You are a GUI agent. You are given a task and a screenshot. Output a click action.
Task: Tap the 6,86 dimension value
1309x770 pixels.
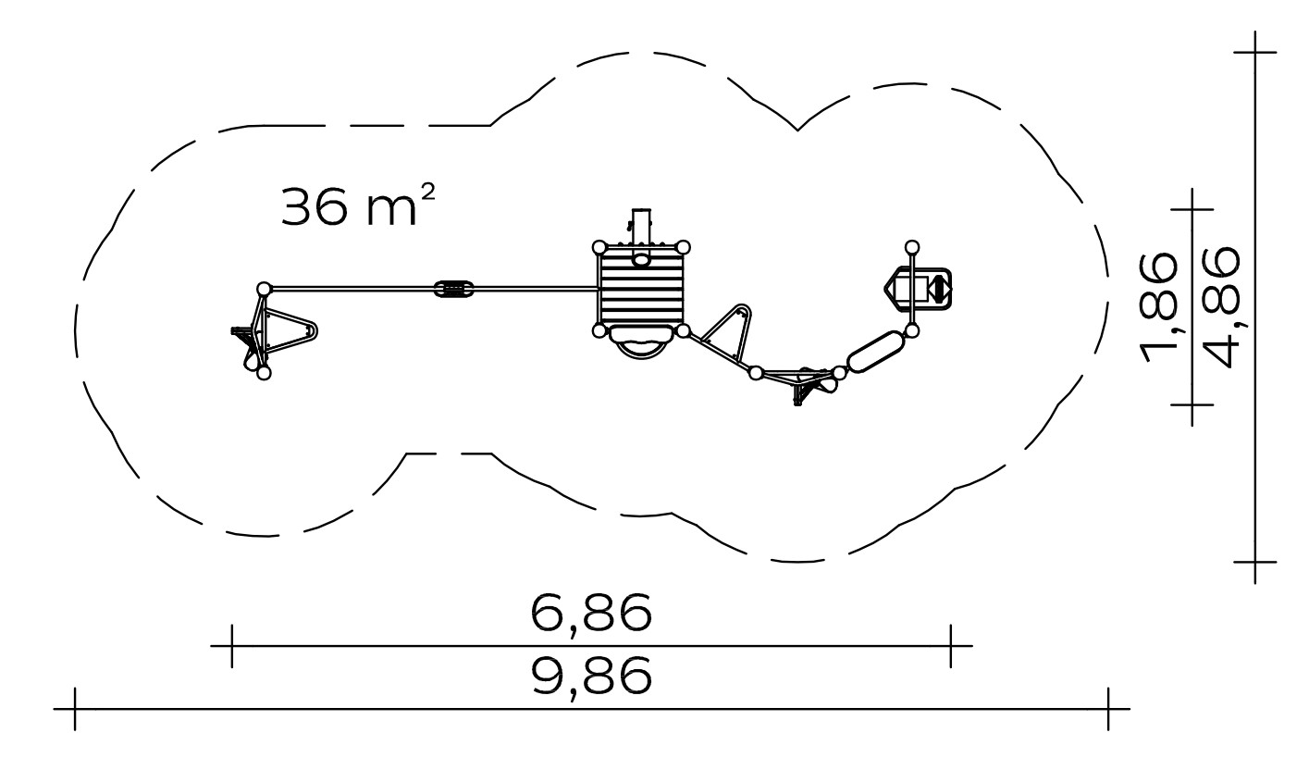click(591, 614)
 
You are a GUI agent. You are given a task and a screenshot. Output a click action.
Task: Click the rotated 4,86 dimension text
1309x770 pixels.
click(1220, 306)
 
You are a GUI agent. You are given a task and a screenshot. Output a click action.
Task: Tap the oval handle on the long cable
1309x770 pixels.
click(453, 289)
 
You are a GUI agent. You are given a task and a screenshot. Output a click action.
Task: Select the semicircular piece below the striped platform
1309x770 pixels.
click(641, 343)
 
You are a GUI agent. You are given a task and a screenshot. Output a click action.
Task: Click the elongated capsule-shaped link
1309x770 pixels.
click(875, 352)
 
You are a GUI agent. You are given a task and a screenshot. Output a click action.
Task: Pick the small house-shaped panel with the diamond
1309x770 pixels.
click(918, 289)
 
